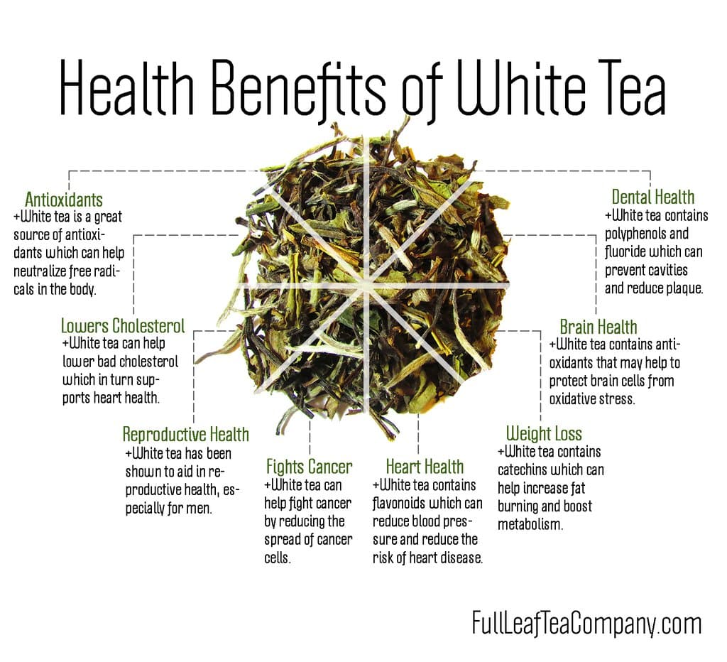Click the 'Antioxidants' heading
[x=64, y=199]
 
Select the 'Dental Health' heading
[x=653, y=197]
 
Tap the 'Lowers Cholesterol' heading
[x=123, y=326]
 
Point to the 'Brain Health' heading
[x=598, y=327]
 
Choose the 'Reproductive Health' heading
[x=186, y=434]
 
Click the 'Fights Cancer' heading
[x=309, y=467]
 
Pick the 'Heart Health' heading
[x=425, y=467]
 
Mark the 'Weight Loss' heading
[x=544, y=433]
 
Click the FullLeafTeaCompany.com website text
[x=586, y=624]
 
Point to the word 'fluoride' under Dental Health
[x=628, y=252]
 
